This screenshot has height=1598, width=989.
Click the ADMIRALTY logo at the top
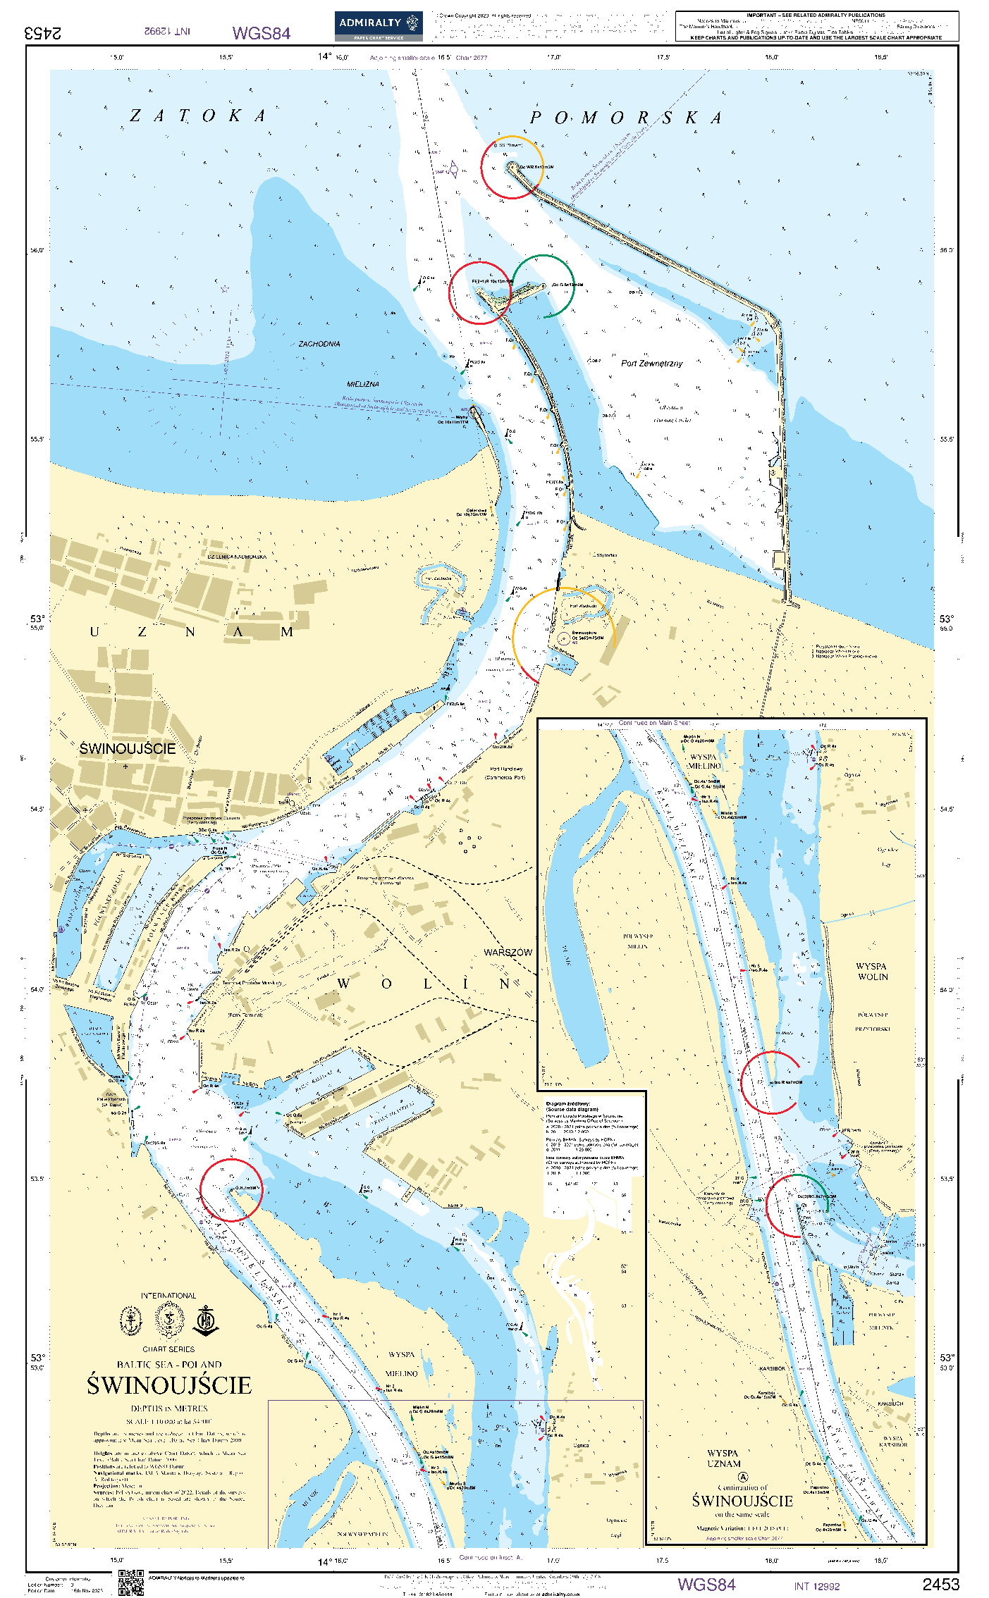click(379, 26)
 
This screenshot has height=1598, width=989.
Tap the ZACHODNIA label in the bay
click(319, 344)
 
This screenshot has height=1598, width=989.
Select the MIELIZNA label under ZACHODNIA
click(362, 384)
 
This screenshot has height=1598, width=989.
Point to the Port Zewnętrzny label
click(651, 364)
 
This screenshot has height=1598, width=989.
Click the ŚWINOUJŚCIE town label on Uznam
click(127, 748)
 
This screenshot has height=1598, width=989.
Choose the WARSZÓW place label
click(508, 952)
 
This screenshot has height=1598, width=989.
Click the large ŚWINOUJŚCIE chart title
click(169, 1385)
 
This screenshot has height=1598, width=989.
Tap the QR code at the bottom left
click(131, 1582)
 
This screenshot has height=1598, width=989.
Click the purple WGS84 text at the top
click(261, 33)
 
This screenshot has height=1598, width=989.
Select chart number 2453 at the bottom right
click(940, 1585)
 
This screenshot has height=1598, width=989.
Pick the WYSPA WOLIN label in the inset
click(872, 971)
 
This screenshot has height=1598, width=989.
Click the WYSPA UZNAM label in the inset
click(723, 1458)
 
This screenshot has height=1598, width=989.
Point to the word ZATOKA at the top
click(198, 116)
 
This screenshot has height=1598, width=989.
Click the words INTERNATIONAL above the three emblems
click(168, 1296)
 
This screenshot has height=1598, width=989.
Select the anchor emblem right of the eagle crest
click(206, 1320)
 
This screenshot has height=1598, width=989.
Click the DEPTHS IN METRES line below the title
click(169, 1408)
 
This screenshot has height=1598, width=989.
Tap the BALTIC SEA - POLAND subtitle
click(169, 1364)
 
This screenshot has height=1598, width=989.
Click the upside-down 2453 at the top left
click(42, 33)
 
